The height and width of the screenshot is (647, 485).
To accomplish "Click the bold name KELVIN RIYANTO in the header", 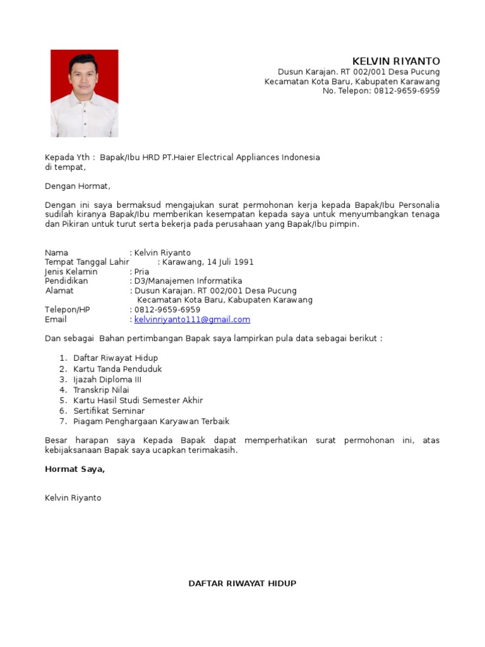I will coord(396,61).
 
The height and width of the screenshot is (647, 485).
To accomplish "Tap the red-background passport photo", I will coord(84,93).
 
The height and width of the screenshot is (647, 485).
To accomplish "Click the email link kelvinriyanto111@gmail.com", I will coord(192,320).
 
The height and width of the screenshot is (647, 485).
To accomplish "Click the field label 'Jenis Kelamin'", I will coord(71,272).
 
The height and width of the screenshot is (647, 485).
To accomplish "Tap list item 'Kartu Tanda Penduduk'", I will coord(117,369).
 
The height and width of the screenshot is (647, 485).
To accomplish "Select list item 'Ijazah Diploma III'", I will coord(107,380).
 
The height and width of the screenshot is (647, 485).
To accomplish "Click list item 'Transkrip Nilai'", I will coord(101,390).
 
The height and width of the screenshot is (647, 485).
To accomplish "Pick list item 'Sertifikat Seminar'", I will coord(109,411).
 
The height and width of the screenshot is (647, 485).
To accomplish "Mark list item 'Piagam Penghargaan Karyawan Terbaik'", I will coord(151,421).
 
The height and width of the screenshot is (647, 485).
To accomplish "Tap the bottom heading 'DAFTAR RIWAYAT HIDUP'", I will coord(242,583).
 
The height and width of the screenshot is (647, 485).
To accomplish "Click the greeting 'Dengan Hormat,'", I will coord(78,186).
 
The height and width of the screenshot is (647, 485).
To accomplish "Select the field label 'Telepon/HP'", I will coord(68,310).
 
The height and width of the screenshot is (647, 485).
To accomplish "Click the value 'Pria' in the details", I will coord(141,272).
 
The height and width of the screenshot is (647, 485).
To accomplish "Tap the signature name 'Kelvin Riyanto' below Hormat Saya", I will coord(73,498).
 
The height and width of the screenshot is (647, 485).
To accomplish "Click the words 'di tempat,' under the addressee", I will coord(65,167).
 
